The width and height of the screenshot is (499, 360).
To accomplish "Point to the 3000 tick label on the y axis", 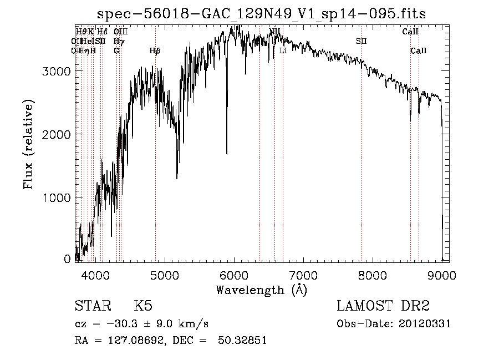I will tap(57, 71).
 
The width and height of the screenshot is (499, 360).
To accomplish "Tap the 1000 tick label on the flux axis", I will tap(57, 197).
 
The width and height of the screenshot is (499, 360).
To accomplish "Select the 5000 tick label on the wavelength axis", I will tap(164, 275).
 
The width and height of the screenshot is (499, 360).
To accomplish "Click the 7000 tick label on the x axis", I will tap(303, 275).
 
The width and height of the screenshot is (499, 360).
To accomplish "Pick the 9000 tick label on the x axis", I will tap(442, 275).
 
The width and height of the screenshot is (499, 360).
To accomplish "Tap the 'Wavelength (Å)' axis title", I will tap(261, 290).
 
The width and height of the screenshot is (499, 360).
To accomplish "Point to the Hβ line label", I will tap(155, 50).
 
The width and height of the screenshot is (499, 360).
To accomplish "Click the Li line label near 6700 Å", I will tap(283, 50).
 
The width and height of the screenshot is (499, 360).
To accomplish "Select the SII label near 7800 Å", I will tap(361, 41).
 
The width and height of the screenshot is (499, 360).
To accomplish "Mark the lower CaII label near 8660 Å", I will tap(419, 50).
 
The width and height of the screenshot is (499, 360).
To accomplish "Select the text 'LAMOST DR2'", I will tap(383, 306).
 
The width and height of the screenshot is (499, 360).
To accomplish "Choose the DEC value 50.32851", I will tap(244, 341).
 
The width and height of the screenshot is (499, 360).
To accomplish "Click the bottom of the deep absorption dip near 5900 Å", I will tap(227, 154).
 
